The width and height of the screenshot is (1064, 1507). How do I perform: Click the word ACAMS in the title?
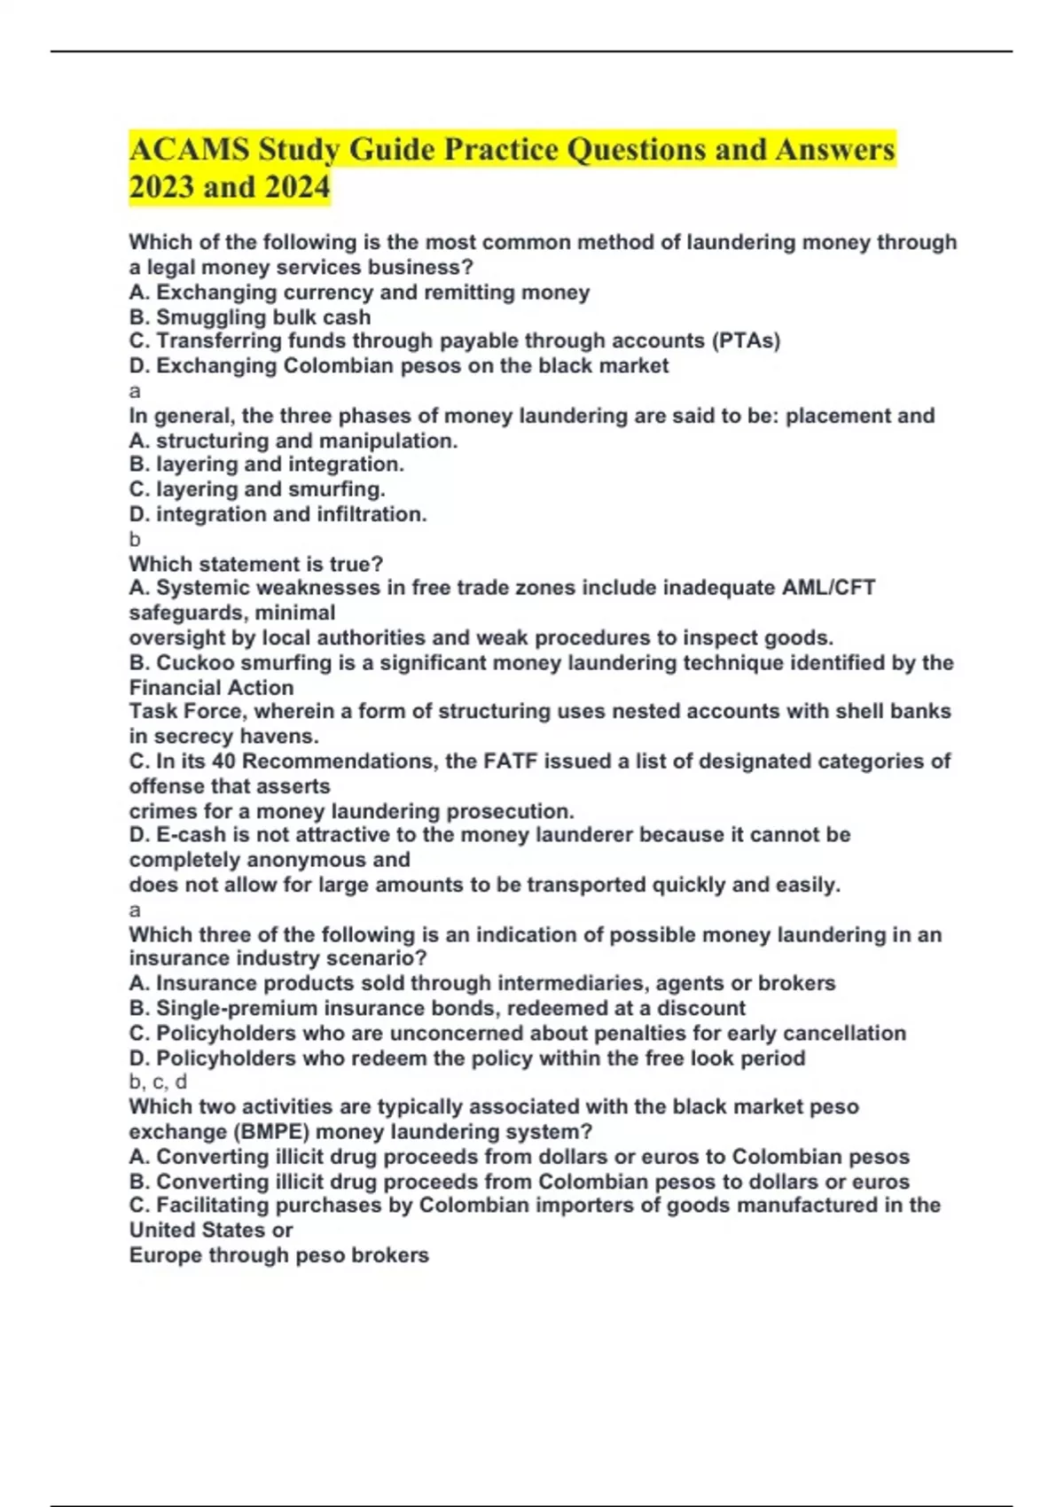pos(189,149)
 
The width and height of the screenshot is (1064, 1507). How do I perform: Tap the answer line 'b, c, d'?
pos(158,1082)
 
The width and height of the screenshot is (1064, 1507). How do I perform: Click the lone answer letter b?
pos(135,539)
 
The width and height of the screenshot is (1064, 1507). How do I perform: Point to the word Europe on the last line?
pos(165,1255)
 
